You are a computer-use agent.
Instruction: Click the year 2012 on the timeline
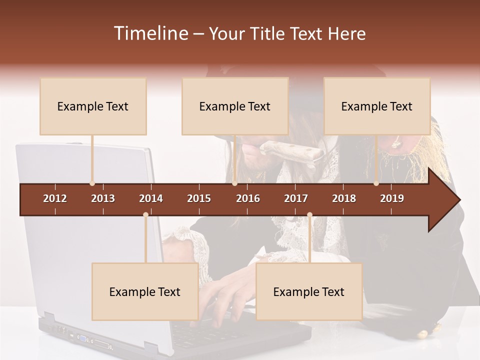55,198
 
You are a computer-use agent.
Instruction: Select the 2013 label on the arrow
103,198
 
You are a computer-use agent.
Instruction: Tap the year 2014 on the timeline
151,198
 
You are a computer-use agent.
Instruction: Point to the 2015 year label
199,198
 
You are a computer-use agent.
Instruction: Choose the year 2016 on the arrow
248,198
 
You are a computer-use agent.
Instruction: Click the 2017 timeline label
296,198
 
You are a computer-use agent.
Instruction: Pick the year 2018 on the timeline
344,198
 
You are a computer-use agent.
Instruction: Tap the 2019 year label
392,198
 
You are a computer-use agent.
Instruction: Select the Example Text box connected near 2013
93,106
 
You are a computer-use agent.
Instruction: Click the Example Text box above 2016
235,106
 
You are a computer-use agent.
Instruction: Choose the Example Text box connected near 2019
377,106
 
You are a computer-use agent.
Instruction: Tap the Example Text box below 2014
145,292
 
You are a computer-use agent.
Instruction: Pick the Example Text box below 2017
309,292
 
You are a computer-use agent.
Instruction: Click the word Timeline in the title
150,33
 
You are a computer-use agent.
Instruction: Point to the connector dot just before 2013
92,183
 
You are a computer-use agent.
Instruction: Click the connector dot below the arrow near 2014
145,215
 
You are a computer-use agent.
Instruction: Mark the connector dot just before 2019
376,183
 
